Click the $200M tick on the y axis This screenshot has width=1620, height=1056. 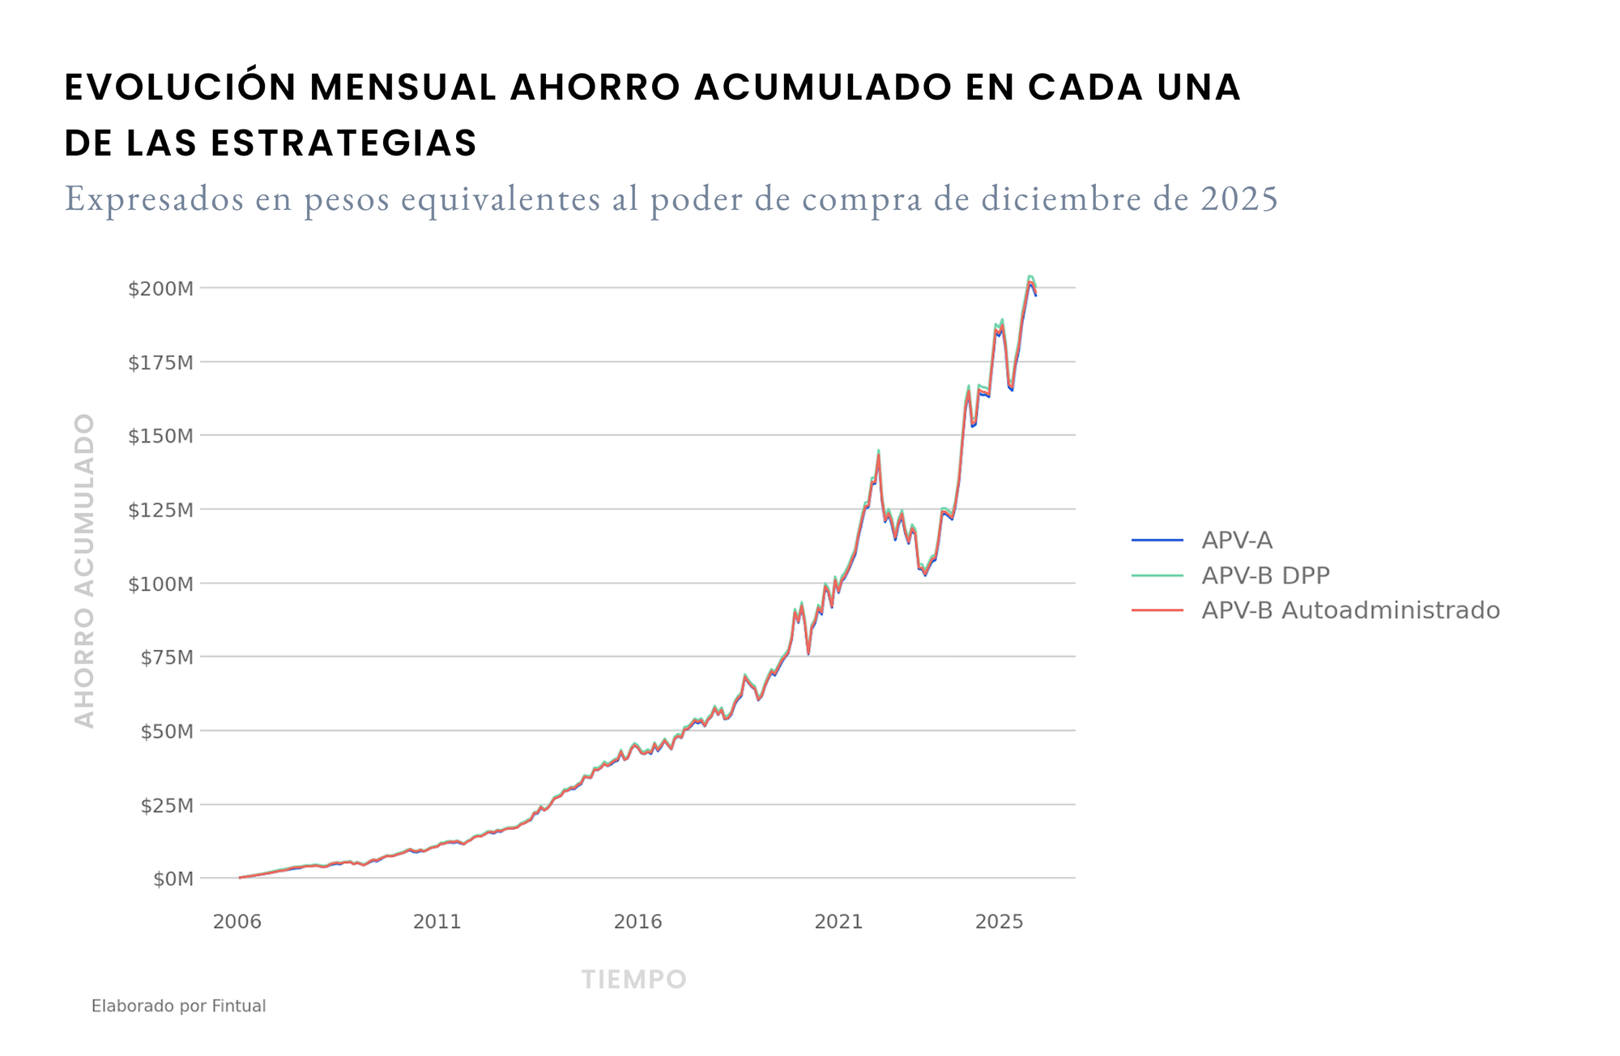[160, 289]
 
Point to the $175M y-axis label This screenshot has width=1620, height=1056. [160, 362]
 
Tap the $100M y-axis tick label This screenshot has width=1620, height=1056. [160, 584]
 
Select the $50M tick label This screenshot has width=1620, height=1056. [167, 731]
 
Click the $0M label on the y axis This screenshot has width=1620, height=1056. [173, 879]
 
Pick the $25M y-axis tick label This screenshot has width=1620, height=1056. [167, 806]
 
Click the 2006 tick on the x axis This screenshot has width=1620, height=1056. [237, 921]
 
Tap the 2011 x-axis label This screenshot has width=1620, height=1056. [437, 921]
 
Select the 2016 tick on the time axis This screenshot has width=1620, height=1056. [637, 921]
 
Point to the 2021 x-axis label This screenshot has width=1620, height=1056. [838, 921]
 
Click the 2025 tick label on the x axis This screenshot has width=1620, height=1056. [999, 921]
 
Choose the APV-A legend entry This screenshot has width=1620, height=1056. [1236, 541]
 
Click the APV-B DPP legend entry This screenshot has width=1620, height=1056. [1265, 575]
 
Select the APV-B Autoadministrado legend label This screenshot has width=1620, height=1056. [1350, 610]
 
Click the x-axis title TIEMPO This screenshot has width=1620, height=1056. [633, 980]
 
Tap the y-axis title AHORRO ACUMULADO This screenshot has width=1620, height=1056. [85, 571]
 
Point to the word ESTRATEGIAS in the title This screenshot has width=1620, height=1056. [343, 143]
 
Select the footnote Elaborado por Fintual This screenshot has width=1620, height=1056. [178, 1006]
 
